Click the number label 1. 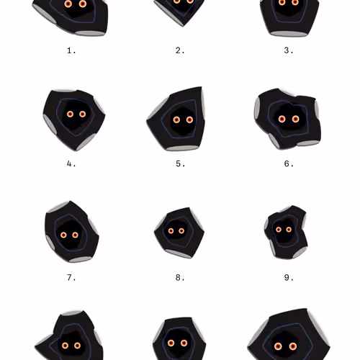[x=71, y=50]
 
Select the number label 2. [x=180, y=50]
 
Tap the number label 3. [x=289, y=50]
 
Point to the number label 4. [x=71, y=163]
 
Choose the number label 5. [x=180, y=163]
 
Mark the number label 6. [x=289, y=163]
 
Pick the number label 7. [x=71, y=277]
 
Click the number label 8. [x=180, y=277]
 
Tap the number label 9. [x=289, y=277]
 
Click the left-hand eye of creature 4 [x=71, y=114]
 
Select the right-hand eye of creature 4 [x=82, y=114]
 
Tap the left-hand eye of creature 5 [x=177, y=120]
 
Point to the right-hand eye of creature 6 [x=294, y=119]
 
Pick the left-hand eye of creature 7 [x=64, y=235]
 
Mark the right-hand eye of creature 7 [x=76, y=235]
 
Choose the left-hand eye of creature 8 [x=171, y=231]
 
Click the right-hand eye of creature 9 [x=289, y=230]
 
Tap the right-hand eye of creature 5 [x=189, y=120]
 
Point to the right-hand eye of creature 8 [x=181, y=231]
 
